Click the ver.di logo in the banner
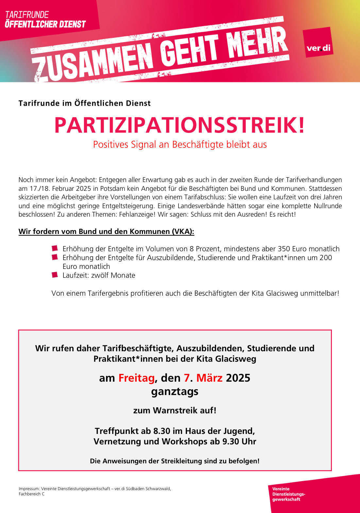point(318,42)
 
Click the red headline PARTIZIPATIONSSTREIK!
point(180,125)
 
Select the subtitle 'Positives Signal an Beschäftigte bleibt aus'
point(180,144)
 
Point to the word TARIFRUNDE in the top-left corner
point(27,15)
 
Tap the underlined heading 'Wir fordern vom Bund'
point(106,232)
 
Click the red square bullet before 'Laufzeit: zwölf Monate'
point(55,275)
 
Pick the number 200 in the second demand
point(326,258)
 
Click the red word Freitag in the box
point(136,378)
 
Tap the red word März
point(209,378)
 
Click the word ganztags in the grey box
point(175,391)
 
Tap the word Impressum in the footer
point(29,489)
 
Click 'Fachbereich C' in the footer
point(32,494)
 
